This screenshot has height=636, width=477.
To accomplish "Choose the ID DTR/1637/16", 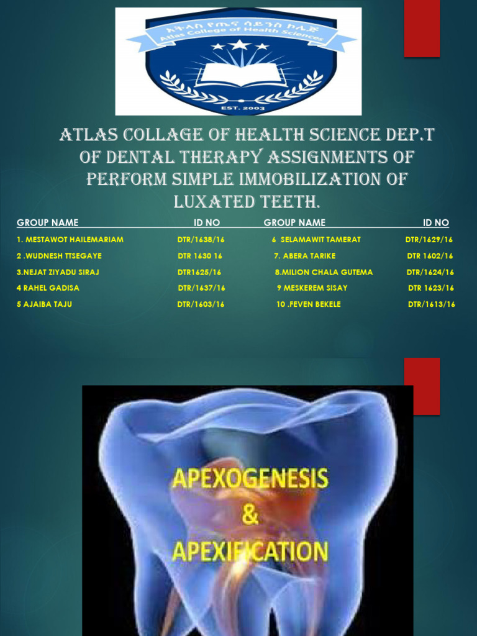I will pyautogui.click(x=201, y=288).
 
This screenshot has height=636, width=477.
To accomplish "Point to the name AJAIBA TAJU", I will pyautogui.click(x=45, y=304).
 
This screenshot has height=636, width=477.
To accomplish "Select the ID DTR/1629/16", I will pyautogui.click(x=429, y=240).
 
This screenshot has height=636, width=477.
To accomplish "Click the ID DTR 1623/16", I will pyautogui.click(x=431, y=288).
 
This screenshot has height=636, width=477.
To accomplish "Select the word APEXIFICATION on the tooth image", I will pyautogui.click(x=249, y=550).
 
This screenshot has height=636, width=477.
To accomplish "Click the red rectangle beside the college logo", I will pyautogui.click(x=422, y=29).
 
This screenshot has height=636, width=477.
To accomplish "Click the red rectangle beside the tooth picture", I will pyautogui.click(x=422, y=386).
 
